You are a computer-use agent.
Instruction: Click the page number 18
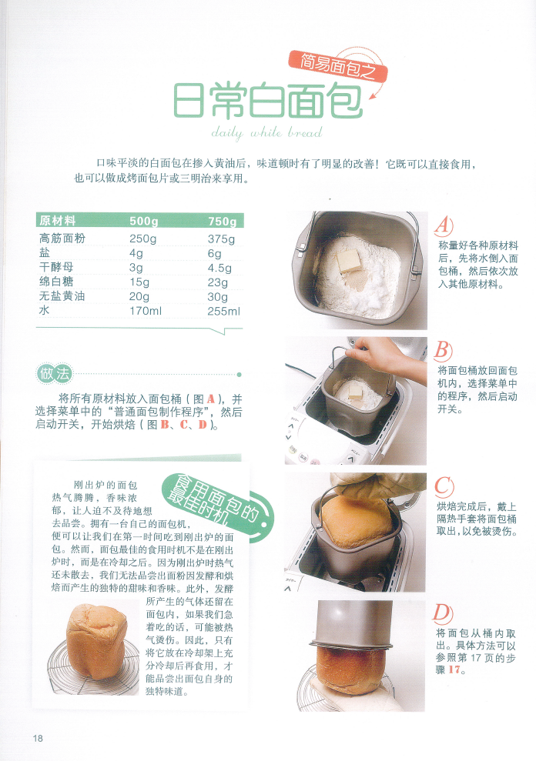(38, 738)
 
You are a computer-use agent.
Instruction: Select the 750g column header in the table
(223, 222)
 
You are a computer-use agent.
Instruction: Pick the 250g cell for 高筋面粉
(144, 239)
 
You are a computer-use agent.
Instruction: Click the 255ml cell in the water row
(223, 312)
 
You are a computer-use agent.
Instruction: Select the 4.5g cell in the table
(219, 268)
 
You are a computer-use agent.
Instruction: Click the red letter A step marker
(444, 225)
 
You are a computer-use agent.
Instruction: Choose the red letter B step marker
(443, 351)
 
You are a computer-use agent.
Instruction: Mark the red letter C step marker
(444, 486)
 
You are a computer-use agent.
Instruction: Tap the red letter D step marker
(443, 613)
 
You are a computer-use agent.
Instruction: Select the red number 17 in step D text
(457, 670)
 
